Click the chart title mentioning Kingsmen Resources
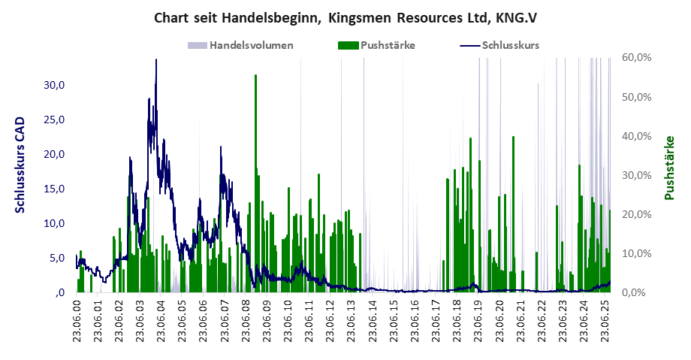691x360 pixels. click(345, 17)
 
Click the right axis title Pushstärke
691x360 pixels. click(668, 168)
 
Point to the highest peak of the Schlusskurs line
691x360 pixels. click(156, 60)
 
